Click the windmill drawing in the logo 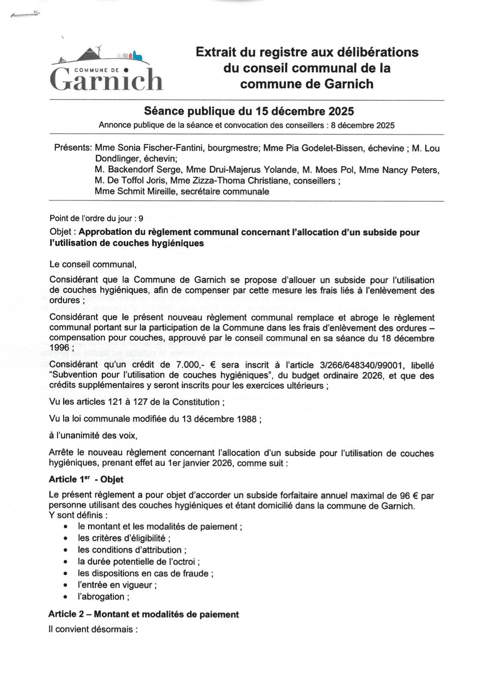pos(98,52)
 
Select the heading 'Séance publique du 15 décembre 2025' pos(249,111)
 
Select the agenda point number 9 pos(141,219)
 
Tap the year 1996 pos(59,348)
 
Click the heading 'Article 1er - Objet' pos(86,479)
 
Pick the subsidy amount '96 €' pos(409,496)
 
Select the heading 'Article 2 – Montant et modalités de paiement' pos(143,614)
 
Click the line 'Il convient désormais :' pos(93,629)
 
